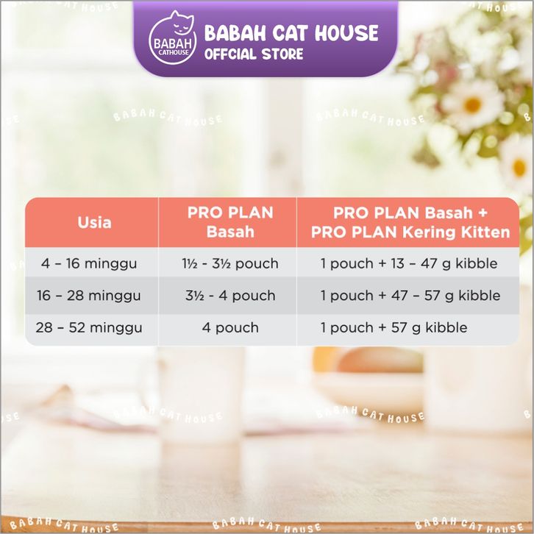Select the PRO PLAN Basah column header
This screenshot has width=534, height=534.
point(230,222)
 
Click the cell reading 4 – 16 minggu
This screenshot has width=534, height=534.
point(89,263)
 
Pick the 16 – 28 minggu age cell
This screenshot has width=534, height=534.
point(89,295)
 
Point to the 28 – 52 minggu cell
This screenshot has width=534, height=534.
point(89,327)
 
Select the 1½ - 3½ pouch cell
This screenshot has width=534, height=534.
point(230,263)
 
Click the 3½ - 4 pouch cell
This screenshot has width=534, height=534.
point(230,295)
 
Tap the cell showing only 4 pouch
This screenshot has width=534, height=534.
point(230,327)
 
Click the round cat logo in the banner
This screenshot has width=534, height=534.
point(173,38)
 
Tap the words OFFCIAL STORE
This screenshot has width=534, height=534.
point(254,54)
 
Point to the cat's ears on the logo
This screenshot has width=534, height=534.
point(182,17)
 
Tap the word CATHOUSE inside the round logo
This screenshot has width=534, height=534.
point(174,52)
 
